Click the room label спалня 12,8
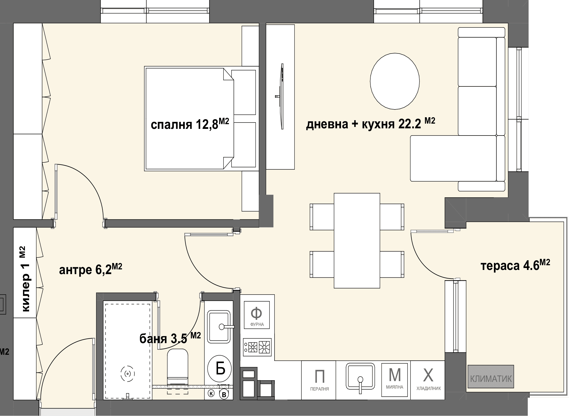click(190, 124)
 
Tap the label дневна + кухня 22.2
click(371, 123)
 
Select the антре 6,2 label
click(91, 269)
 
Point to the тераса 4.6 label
click(515, 265)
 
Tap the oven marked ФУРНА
click(257, 315)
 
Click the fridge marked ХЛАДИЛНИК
click(428, 380)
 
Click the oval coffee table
click(395, 81)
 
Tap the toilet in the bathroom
click(178, 367)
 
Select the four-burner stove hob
click(257, 347)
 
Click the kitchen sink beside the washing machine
click(360, 377)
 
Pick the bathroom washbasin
click(219, 327)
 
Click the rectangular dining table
click(357, 241)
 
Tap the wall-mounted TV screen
click(281, 96)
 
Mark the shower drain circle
click(128, 374)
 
